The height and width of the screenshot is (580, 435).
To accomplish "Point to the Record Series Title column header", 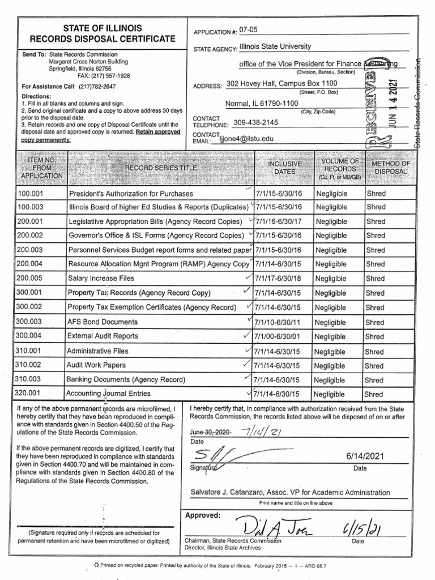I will [161, 168].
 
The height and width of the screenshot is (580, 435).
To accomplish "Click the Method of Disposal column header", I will [390, 168].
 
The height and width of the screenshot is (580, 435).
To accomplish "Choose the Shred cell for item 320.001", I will [374, 394].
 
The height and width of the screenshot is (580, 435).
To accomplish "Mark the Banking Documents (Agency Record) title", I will [126, 379].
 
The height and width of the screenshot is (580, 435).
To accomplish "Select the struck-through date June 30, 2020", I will [210, 432].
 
